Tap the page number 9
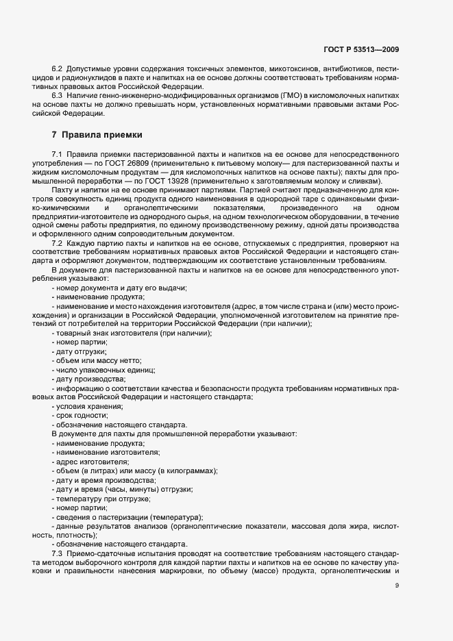(x=397, y=585)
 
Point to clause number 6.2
(x=58, y=70)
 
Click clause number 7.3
(x=58, y=553)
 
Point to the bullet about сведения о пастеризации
(x=129, y=516)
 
